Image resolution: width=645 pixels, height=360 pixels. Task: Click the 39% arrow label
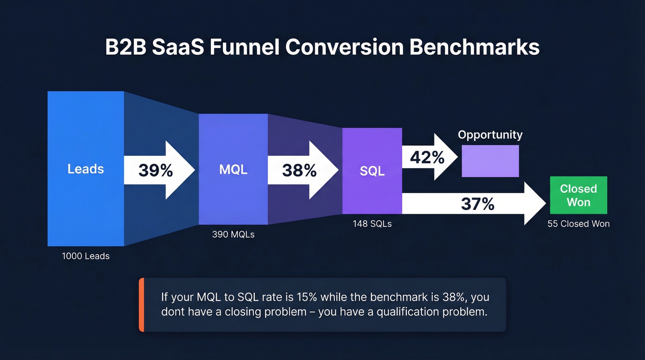pos(155,171)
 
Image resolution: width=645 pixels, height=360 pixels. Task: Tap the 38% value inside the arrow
pos(299,171)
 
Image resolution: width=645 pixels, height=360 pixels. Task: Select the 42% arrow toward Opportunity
pos(427,158)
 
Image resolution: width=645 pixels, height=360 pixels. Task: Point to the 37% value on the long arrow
pos(477,203)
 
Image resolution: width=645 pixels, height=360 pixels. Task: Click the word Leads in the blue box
pos(86,169)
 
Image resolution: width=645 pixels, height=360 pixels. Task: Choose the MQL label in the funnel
pos(233,169)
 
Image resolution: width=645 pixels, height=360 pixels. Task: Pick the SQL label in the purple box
pos(372,171)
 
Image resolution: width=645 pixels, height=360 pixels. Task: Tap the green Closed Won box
pos(578,195)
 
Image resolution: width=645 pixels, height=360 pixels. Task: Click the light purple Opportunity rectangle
pos(490,161)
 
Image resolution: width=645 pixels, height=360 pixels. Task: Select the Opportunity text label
pos(490,135)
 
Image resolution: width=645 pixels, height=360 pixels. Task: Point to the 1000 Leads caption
pos(86,256)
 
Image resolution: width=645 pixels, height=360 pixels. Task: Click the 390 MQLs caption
pos(233,234)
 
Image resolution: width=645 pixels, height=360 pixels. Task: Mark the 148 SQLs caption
pos(372,224)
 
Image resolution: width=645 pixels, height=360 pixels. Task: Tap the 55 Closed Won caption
pos(578,224)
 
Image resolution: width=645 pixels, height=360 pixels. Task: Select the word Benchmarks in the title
pos(474,47)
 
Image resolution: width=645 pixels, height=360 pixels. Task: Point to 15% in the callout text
pos(306,296)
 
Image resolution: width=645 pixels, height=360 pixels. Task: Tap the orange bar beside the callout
pos(141,305)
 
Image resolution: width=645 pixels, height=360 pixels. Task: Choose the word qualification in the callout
pos(408,312)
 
